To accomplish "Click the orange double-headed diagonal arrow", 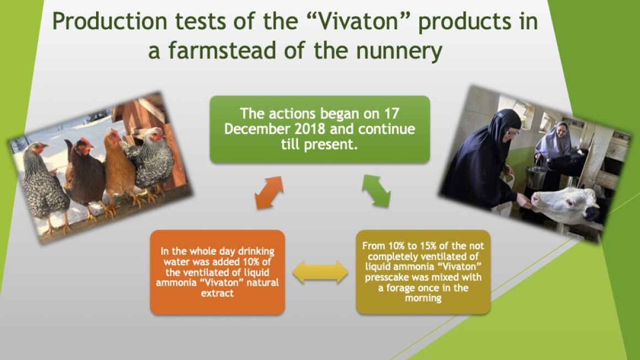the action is pos(269,192).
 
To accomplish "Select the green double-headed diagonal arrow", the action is pos(376,190).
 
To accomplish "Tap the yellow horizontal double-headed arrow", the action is pos(321,272).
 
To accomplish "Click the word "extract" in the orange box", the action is pos(217,293).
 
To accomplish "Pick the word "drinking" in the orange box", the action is pos(257,251).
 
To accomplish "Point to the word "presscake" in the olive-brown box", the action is pos(384,278).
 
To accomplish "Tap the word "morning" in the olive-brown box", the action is pos(423,298).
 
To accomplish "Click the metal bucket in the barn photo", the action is pos(536,176).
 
